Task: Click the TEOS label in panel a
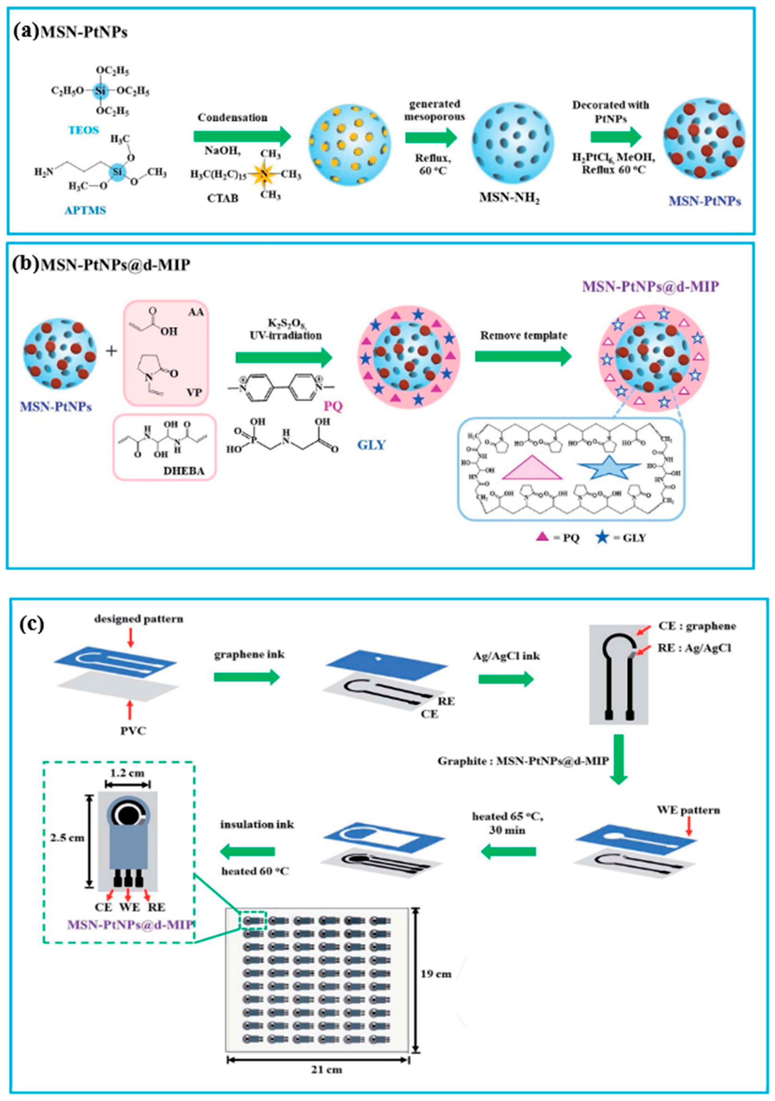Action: pos(84,130)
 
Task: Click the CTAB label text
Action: pos(223,198)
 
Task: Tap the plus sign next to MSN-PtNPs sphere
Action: pos(111,351)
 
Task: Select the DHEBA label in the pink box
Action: pos(184,471)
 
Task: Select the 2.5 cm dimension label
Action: pos(67,837)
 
